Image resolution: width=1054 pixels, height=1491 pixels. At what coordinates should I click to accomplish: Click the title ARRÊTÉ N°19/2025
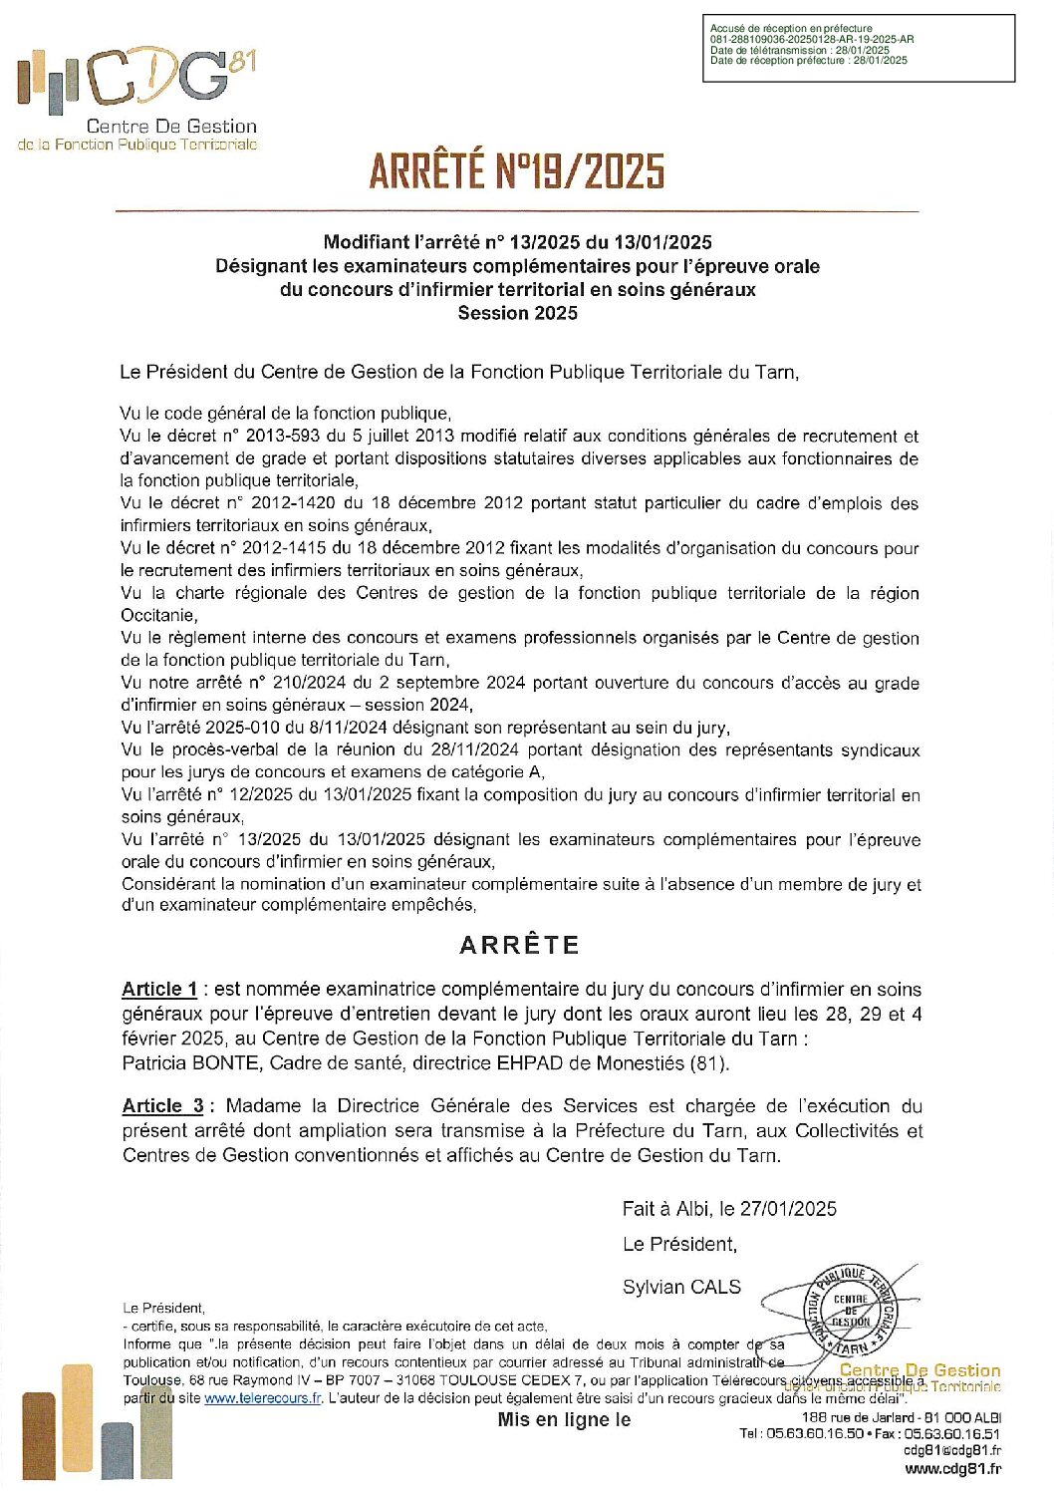[x=516, y=170]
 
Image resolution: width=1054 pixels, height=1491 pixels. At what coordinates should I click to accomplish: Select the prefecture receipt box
[x=858, y=48]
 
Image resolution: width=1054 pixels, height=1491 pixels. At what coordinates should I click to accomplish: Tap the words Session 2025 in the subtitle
[x=517, y=313]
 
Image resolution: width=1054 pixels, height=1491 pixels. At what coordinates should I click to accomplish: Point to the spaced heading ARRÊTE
[x=519, y=945]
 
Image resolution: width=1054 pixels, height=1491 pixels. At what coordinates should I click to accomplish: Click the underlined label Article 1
[x=159, y=989]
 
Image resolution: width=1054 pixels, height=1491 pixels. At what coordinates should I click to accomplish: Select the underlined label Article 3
[x=163, y=1105]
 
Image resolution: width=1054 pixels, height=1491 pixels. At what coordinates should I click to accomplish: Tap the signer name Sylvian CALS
[x=681, y=1287]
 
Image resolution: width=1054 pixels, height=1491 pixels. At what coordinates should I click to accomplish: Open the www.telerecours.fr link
[x=263, y=1398]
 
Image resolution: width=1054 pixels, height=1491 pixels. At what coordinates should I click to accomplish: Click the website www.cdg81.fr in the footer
[x=952, y=1468]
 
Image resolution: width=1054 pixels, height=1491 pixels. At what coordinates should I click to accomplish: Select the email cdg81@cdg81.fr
[x=951, y=1450]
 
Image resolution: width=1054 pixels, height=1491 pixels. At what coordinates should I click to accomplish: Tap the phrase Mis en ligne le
[x=564, y=1419]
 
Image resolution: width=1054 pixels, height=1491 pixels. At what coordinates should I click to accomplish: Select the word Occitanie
[x=158, y=615]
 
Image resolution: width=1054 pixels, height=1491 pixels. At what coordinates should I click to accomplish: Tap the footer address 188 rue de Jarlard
[x=858, y=1417]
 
